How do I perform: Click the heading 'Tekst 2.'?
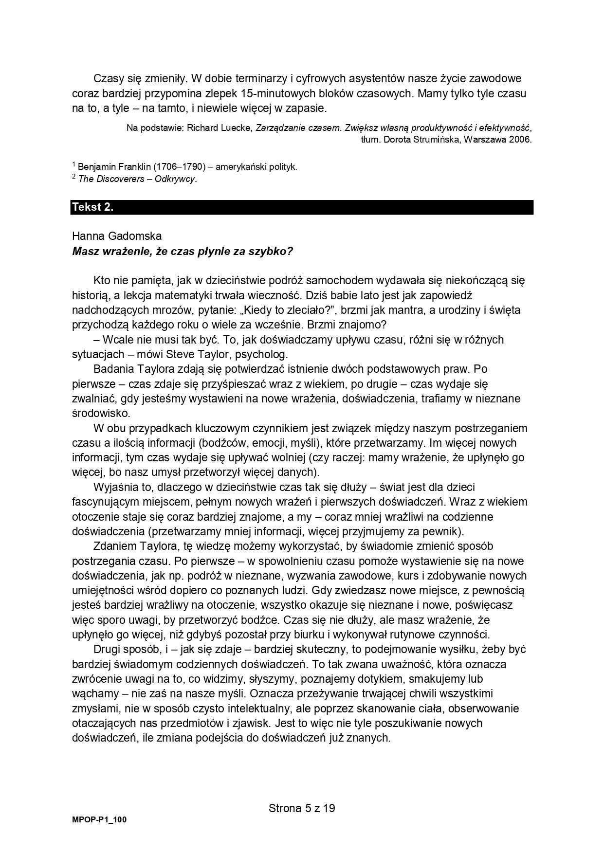92,207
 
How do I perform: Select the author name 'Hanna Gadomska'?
117,236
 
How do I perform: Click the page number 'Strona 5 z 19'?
302,808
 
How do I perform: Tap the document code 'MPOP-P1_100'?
99,820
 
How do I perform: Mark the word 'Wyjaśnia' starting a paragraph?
113,487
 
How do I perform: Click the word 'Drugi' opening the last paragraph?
107,650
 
